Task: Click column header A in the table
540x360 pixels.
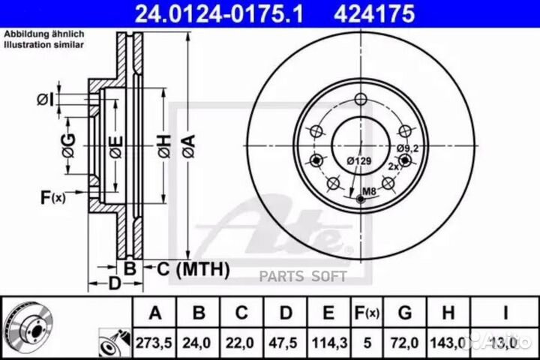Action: click(154, 313)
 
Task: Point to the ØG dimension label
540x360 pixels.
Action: click(68, 145)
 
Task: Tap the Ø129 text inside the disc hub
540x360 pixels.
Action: click(359, 160)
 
